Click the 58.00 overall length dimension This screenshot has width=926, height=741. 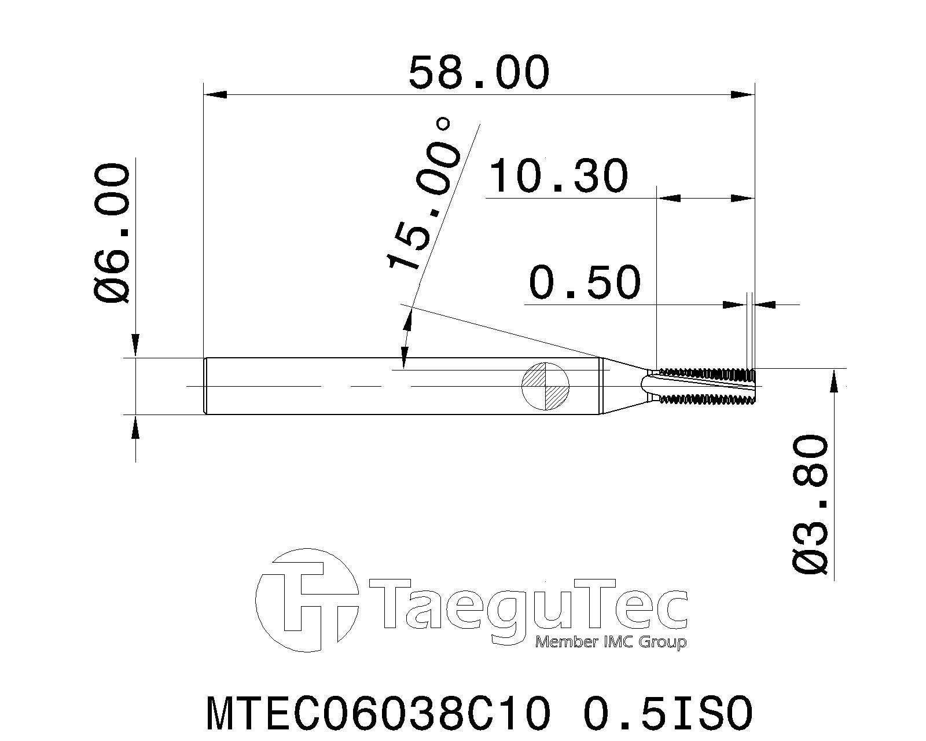(x=478, y=72)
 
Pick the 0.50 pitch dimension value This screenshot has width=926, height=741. (x=585, y=282)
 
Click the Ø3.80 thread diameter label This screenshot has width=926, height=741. (x=810, y=504)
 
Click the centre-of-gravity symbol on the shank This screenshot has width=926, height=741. (x=546, y=386)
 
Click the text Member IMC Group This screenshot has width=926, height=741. (x=611, y=642)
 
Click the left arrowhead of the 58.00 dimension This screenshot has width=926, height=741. (x=215, y=94)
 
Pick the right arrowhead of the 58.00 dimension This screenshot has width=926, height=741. (x=744, y=94)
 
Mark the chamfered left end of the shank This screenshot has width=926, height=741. (x=205, y=386)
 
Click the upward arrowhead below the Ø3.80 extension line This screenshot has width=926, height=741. (x=833, y=382)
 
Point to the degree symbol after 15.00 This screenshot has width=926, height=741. (x=443, y=123)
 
